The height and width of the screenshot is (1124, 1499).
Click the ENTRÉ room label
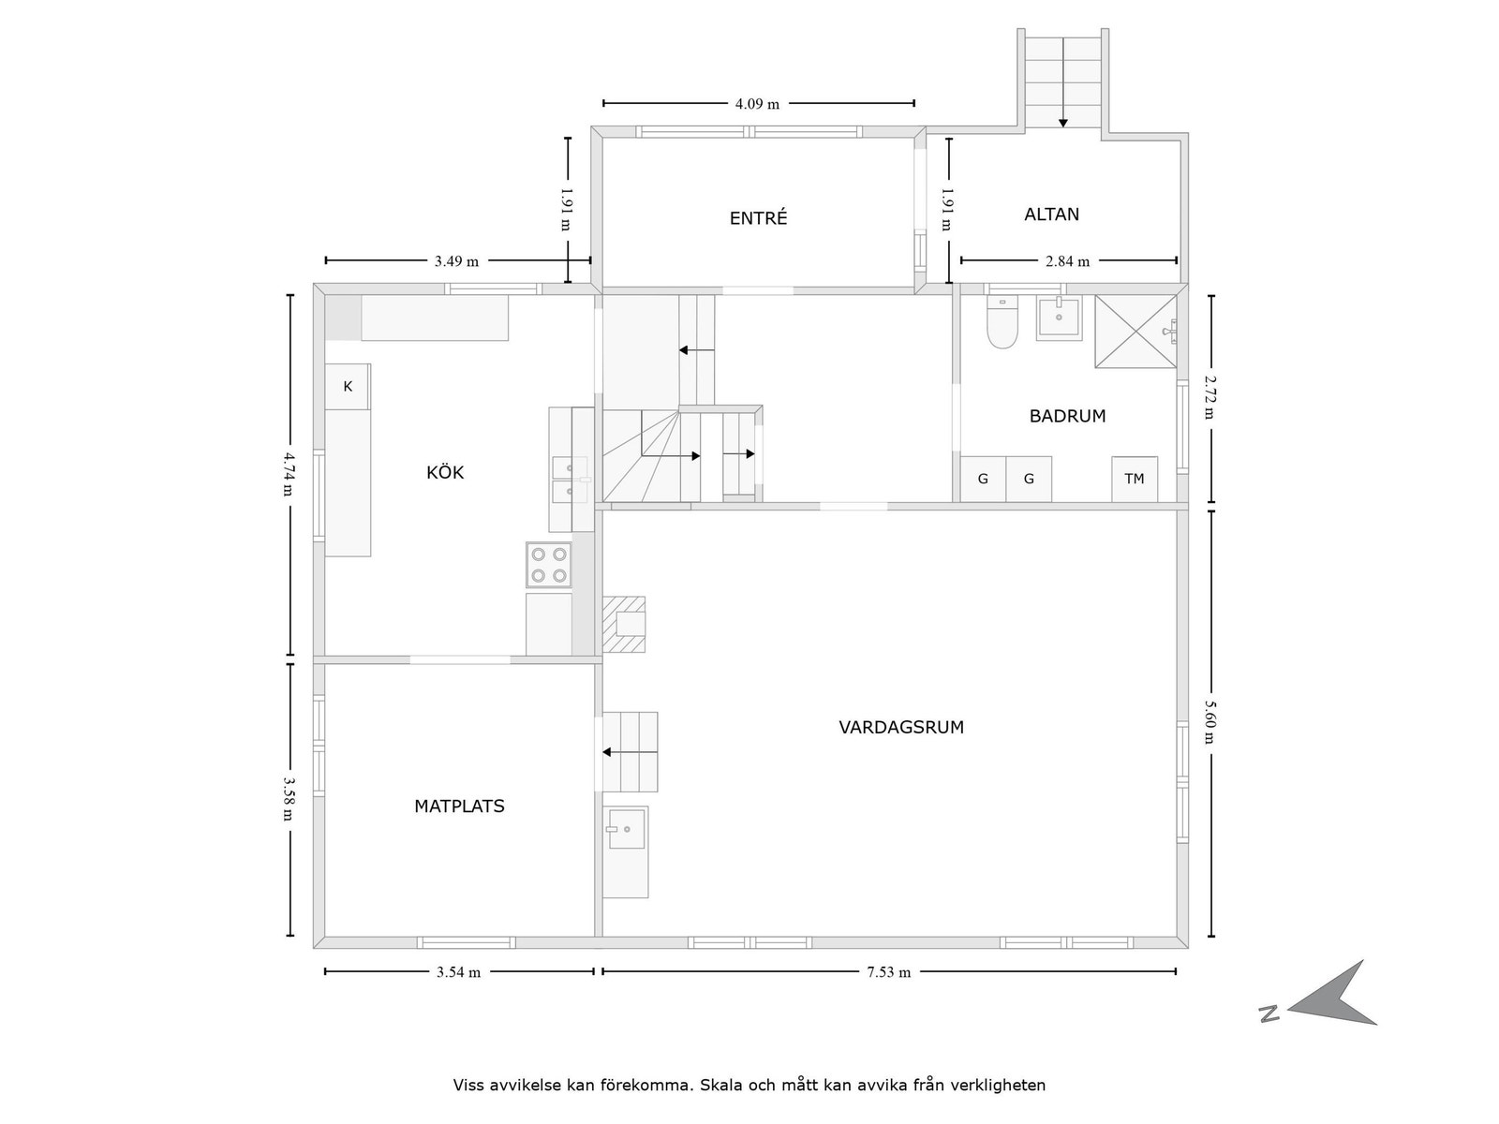758,218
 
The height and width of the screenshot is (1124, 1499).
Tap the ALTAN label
1051,214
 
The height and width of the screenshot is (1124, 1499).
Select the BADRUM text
1067,416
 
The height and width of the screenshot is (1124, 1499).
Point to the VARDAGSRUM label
900,727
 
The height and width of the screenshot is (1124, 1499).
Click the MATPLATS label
459,806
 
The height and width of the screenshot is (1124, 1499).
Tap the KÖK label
445,472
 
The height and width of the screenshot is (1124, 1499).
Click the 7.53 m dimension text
888,972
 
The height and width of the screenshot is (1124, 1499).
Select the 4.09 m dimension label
757,104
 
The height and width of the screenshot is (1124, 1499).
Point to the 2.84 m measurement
1067,261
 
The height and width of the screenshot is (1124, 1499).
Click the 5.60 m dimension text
1210,721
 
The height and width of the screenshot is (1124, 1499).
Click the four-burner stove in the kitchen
549,565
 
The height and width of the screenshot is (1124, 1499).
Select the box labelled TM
1134,479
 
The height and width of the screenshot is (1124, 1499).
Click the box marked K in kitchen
348,386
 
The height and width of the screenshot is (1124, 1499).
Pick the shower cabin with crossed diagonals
1135,332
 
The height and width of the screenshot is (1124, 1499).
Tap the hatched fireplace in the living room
624,624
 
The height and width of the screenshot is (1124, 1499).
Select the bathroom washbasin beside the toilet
1059,318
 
